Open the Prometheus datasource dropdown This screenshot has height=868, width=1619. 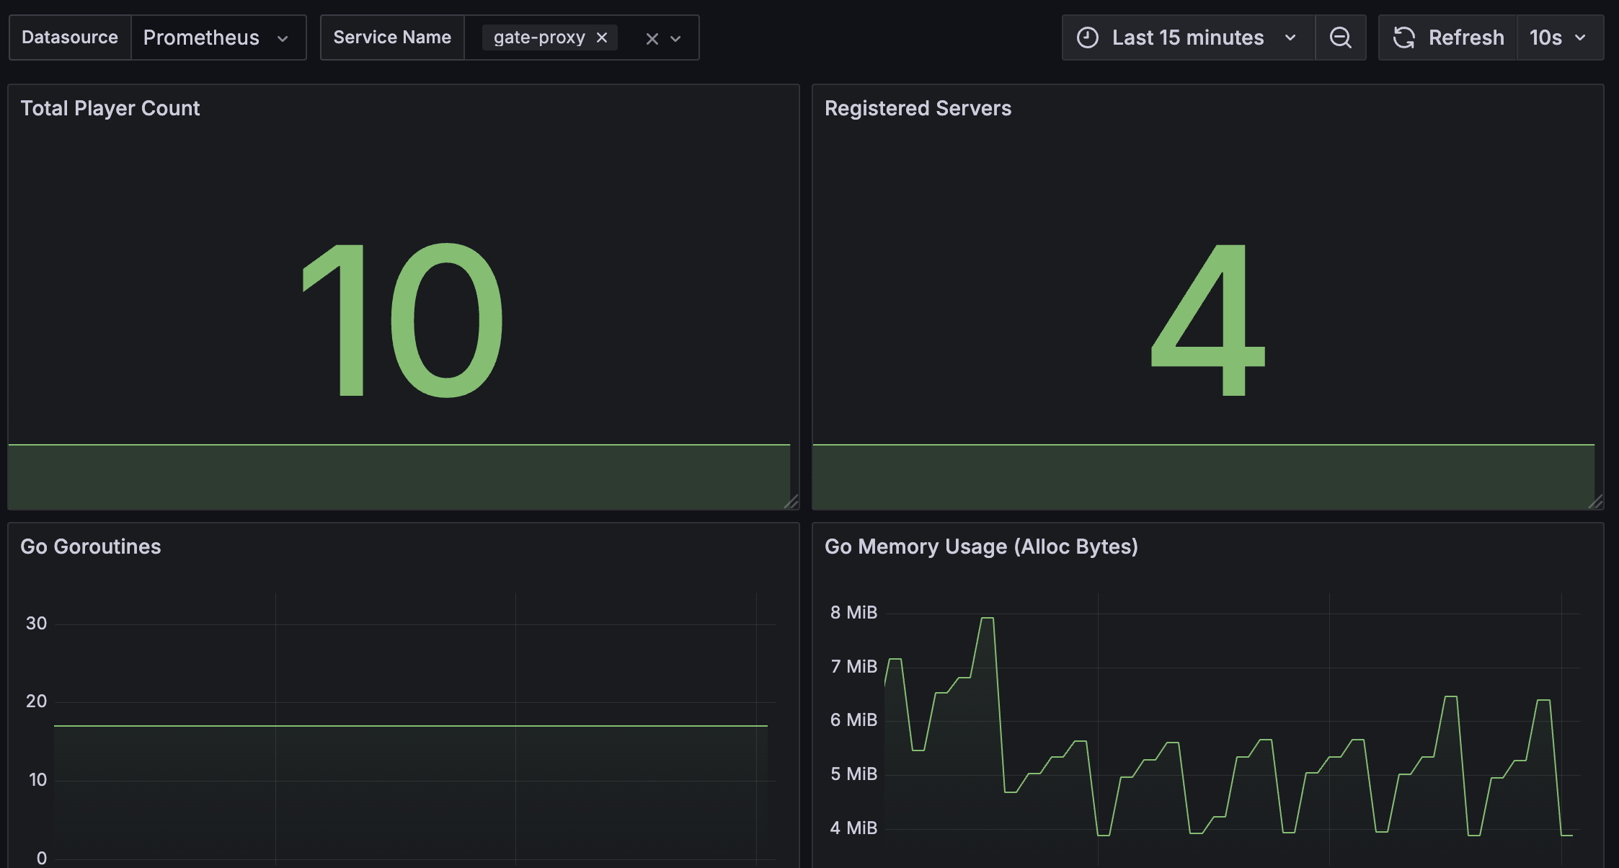coord(217,37)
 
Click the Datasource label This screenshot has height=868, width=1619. coord(70,37)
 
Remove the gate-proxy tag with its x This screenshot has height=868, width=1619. coord(602,37)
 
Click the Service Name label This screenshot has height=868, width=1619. coord(392,37)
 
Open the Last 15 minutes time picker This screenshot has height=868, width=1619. coord(1187,37)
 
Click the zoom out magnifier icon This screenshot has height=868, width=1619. coord(1340,37)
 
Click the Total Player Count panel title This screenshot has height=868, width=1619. coord(110,108)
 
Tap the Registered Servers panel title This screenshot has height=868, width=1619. coord(918,108)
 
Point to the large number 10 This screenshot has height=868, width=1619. coord(402,320)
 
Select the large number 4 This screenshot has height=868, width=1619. coord(1208,320)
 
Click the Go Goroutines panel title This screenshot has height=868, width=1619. coord(91,546)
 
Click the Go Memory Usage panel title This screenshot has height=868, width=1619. coord(981,546)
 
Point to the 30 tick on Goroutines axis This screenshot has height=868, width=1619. coord(36,624)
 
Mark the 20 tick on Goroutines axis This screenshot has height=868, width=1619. coord(36,701)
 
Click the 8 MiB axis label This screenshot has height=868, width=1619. coord(853,613)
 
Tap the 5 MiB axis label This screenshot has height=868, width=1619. coord(853,774)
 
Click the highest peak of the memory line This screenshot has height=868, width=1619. coord(988,618)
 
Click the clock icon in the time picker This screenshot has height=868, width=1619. coord(1088,37)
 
